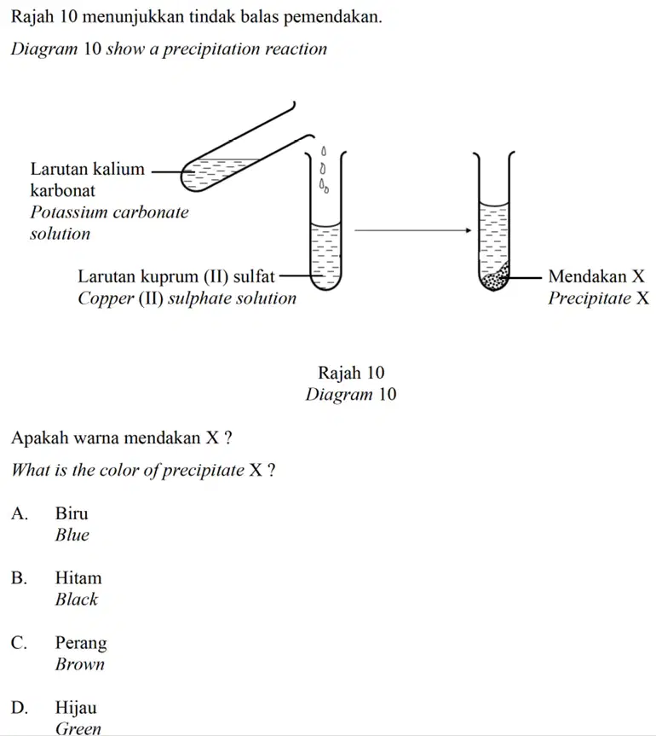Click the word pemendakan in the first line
(332, 17)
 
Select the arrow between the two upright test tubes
(412, 230)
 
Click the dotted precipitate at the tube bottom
(495, 279)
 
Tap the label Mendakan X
(596, 276)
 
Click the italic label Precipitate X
(598, 298)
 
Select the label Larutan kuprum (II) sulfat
(176, 277)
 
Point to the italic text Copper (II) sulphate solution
(187, 298)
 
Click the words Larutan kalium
(88, 169)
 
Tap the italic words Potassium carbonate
(110, 212)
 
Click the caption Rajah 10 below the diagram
(351, 373)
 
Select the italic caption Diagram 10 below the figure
(351, 394)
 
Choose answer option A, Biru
(72, 513)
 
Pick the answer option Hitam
(78, 578)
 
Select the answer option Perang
(81, 643)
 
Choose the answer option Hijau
(76, 708)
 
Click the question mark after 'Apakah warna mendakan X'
(227, 438)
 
